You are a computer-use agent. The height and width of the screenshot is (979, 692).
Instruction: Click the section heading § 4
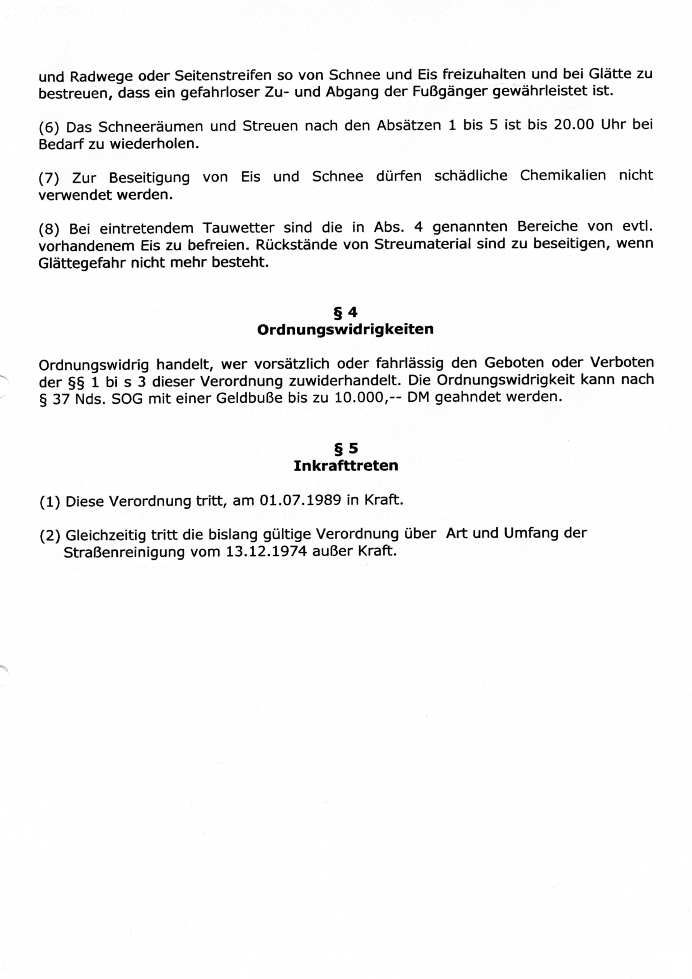[345, 312]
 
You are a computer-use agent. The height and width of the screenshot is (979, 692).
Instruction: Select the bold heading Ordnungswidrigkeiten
[345, 329]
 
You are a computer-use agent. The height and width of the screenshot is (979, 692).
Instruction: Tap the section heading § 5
[346, 449]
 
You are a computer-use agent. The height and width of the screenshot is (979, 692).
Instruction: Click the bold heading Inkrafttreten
[346, 466]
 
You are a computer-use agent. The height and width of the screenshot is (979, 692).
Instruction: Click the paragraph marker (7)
[48, 178]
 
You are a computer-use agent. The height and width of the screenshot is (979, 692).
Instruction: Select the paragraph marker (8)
[48, 229]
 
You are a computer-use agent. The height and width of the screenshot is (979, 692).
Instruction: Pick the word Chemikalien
[563, 176]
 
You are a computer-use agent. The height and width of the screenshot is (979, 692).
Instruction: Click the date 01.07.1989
[300, 500]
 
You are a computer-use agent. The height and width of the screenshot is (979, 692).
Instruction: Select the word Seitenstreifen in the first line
[223, 76]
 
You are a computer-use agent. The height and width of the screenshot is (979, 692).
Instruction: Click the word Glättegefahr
[82, 263]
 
